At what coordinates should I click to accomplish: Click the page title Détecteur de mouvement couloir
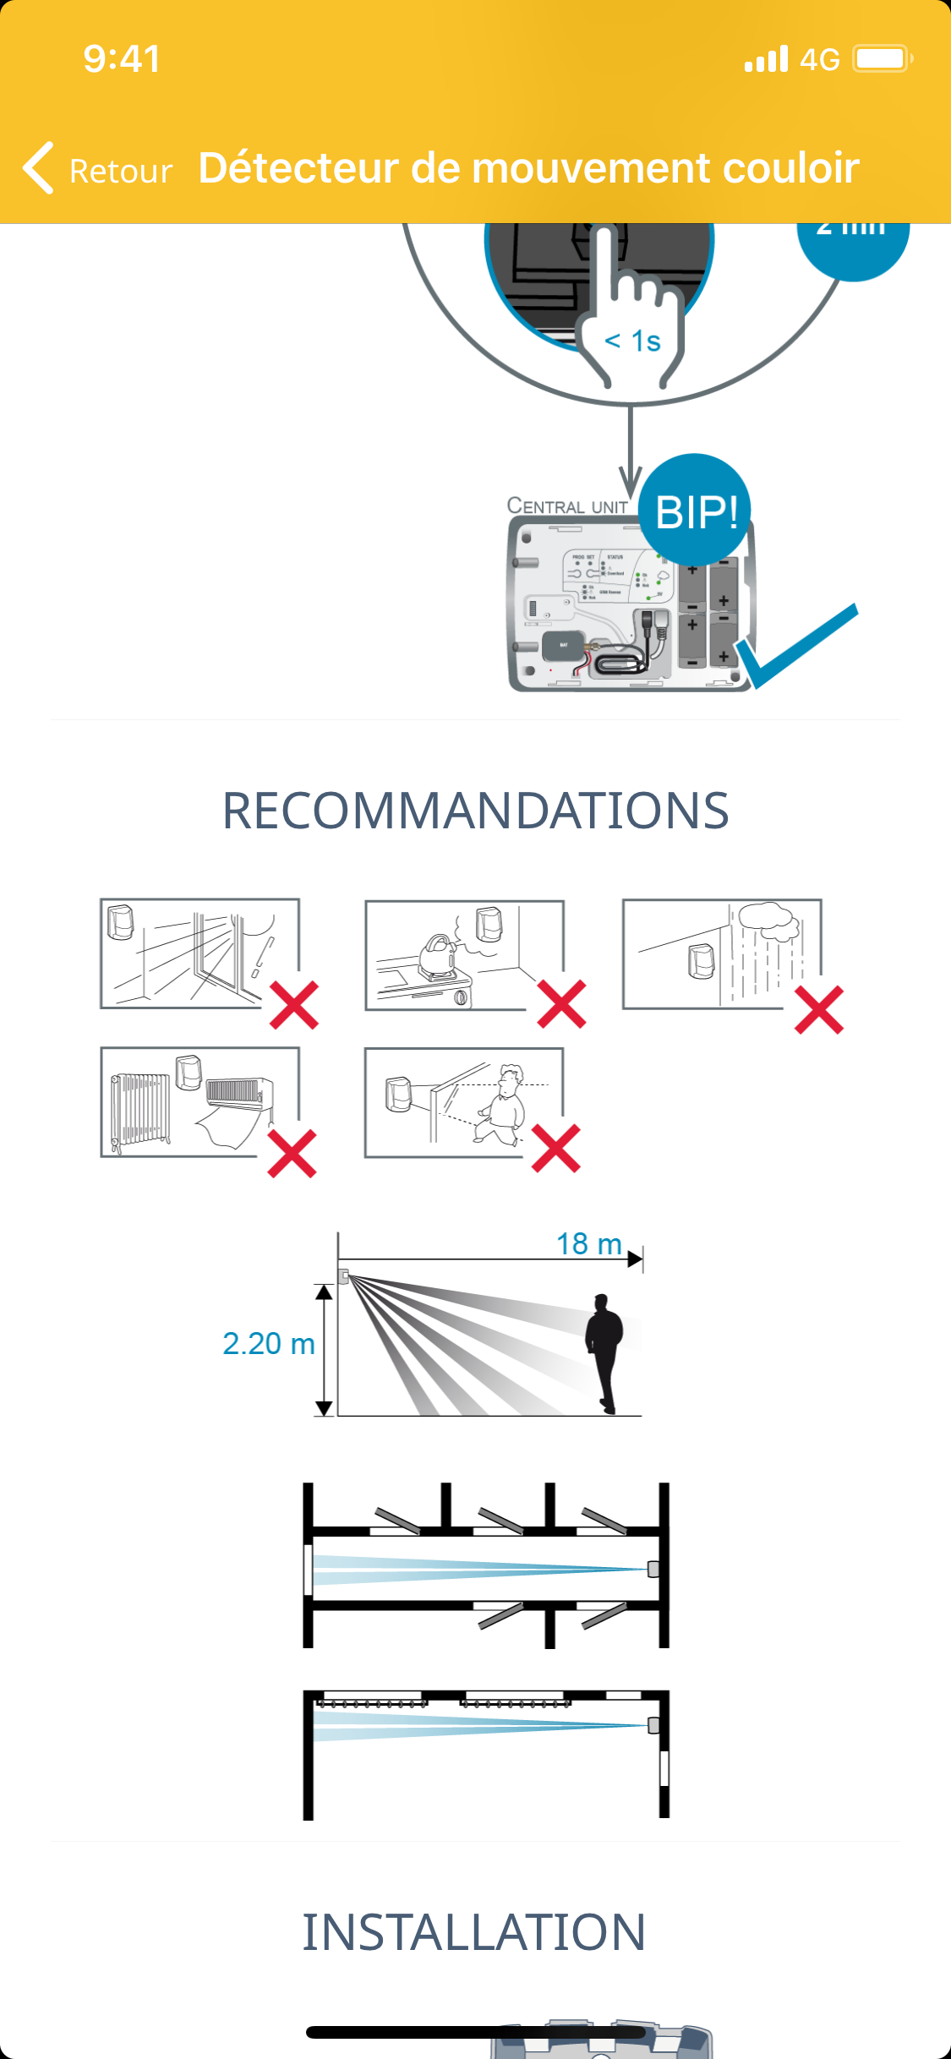528,168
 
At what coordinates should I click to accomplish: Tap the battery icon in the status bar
882,59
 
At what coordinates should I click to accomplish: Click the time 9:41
122,59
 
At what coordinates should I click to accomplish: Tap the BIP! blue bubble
696,511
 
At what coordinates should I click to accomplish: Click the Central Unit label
567,506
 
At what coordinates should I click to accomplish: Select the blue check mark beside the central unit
799,646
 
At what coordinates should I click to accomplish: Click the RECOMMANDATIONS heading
475,811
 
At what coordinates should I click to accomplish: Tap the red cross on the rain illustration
818,1010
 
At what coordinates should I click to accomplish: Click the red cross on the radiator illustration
292,1154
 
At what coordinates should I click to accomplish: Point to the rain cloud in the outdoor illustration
767,920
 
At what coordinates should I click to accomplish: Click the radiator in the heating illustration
139,1108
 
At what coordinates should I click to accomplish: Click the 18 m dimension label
589,1244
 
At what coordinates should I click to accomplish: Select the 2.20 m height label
268,1344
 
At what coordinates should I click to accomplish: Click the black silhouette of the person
604,1353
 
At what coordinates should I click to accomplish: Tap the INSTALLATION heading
474,1933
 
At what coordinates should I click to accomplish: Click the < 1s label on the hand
632,341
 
